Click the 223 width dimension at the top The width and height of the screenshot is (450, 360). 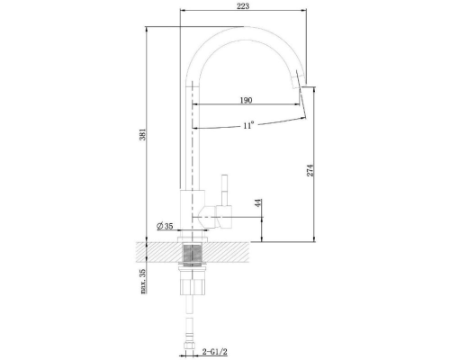243,6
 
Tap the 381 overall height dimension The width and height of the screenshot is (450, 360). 143,134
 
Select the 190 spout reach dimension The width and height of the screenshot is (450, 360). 246,100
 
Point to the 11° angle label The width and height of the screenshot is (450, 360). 248,125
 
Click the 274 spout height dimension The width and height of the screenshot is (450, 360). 310,170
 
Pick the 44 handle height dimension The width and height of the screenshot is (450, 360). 258,202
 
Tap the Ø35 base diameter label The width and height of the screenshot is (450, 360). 166,226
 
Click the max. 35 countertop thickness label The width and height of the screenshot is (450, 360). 143,281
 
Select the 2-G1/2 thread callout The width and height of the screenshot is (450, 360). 214,351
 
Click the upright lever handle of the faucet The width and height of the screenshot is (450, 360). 225,190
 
